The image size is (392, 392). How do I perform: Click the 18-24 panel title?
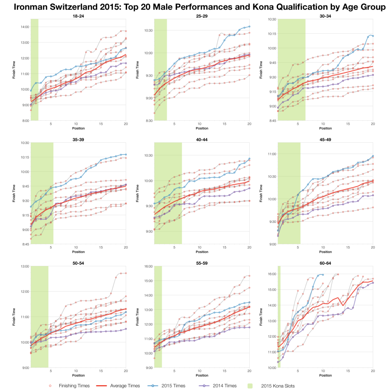[78, 16]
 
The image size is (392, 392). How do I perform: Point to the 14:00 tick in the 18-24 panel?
[24, 27]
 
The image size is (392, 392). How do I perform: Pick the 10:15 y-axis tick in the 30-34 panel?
[271, 34]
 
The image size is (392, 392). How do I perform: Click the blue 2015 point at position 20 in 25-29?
[249, 26]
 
